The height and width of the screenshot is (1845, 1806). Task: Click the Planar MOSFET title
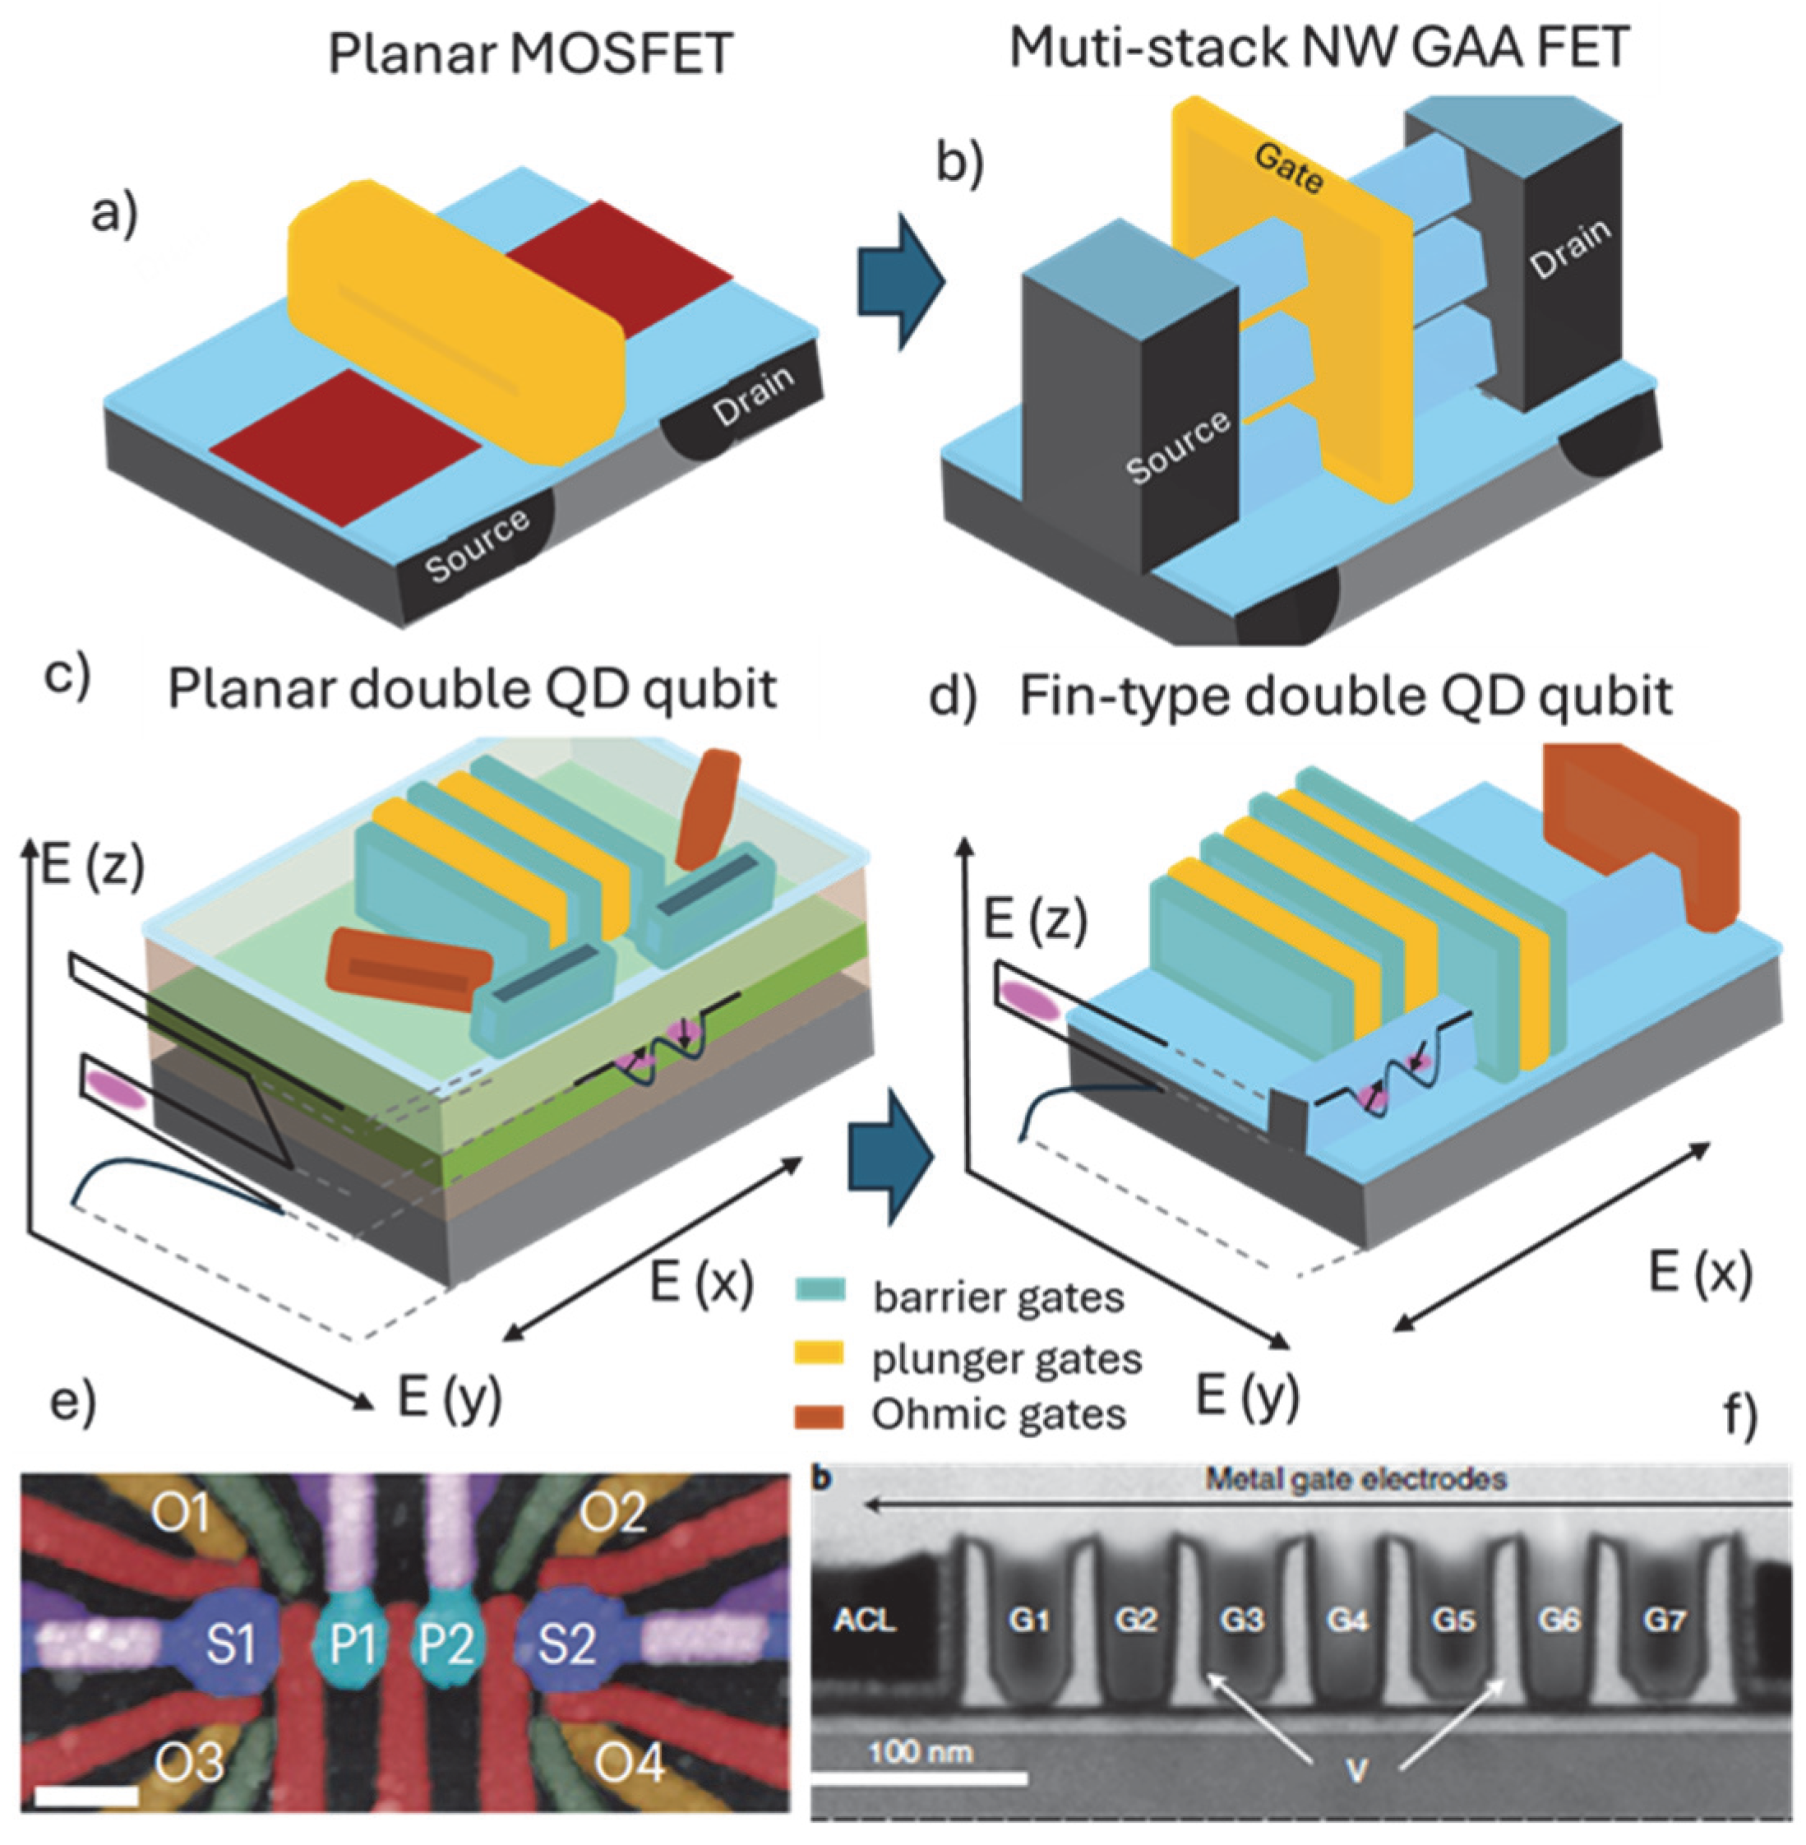[x=530, y=53]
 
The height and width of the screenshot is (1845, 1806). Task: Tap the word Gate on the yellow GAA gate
[x=1289, y=168]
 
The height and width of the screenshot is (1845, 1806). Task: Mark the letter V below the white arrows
[x=1356, y=1770]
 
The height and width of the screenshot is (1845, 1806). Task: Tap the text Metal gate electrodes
[x=1356, y=1479]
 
